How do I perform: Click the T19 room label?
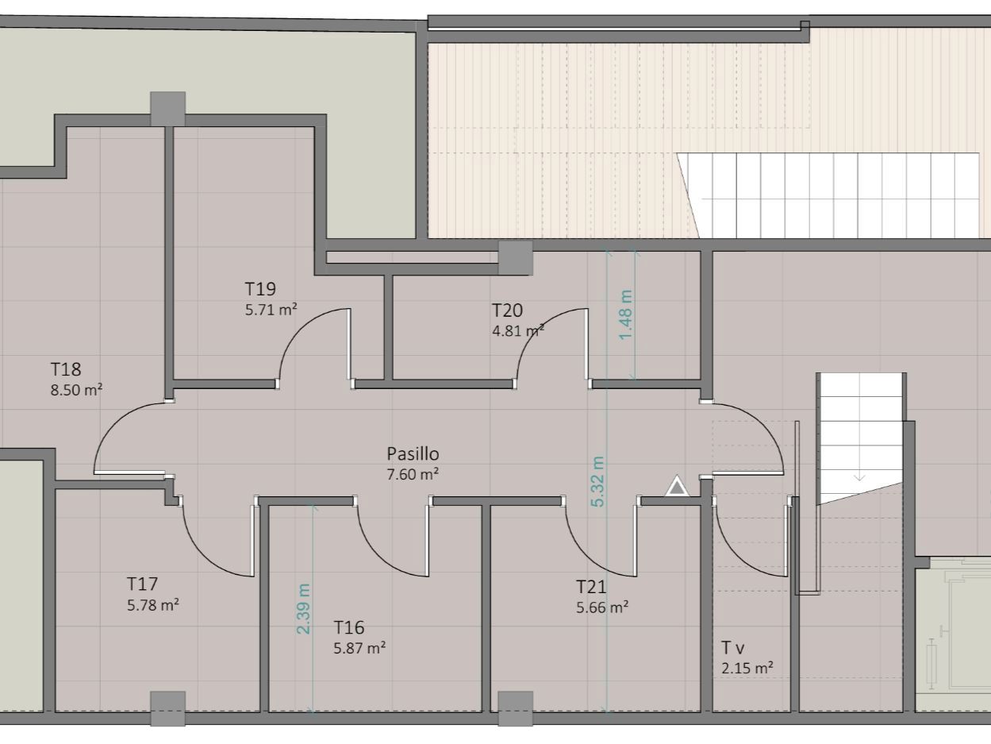click(260, 289)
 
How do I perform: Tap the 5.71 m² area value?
click(271, 310)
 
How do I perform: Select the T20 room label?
click(507, 310)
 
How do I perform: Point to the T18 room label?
click(66, 369)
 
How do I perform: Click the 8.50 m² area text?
click(76, 390)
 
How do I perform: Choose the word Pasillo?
click(413, 454)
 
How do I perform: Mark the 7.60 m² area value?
click(413, 474)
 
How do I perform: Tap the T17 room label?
click(142, 584)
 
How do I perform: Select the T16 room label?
click(349, 628)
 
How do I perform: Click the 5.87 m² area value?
click(359, 648)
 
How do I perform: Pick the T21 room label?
click(591, 588)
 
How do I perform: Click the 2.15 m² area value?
click(747, 669)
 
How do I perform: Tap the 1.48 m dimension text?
click(626, 314)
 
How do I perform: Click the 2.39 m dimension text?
click(304, 609)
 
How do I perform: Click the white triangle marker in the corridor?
click(676, 487)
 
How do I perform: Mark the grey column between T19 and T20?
click(515, 257)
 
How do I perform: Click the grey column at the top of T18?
click(167, 107)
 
